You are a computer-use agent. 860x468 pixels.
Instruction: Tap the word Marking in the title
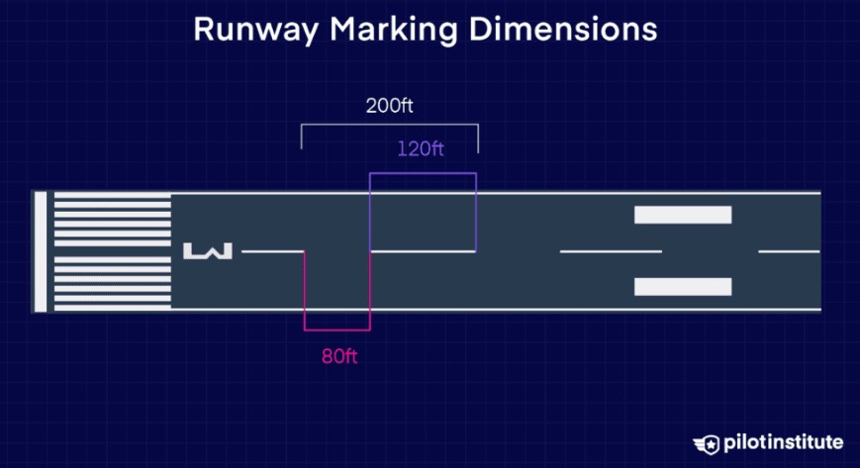393,30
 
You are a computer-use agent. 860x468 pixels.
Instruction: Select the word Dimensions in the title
563,29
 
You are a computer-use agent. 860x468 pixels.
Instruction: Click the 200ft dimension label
389,105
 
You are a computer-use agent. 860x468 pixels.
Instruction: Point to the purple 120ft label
421,148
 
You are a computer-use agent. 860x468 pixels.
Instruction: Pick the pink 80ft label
339,356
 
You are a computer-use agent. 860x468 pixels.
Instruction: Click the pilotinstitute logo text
783,442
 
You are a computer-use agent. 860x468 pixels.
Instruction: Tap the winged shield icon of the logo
707,444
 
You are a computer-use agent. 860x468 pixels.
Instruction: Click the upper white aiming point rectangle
683,215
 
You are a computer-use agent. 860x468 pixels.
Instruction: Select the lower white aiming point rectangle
683,287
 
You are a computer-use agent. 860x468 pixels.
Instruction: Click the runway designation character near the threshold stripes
208,251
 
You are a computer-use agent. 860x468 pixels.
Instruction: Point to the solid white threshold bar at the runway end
41,252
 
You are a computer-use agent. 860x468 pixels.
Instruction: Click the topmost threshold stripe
113,196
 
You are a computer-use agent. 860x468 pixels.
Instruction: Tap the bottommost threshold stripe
113,308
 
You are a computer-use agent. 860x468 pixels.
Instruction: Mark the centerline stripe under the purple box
423,251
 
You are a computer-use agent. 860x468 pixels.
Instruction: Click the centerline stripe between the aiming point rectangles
611,251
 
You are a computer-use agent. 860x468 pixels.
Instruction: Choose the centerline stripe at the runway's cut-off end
790,251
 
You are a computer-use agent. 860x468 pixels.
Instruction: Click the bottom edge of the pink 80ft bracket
337,329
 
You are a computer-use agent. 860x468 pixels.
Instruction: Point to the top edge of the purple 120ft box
423,173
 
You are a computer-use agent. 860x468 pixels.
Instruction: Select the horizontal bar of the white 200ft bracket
389,125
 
